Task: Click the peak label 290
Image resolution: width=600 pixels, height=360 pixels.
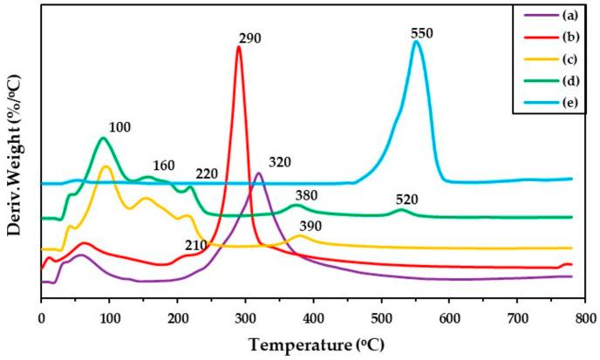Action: click(x=249, y=38)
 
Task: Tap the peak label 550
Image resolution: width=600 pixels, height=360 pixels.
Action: click(x=422, y=33)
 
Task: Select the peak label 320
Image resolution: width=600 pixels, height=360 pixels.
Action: click(x=280, y=162)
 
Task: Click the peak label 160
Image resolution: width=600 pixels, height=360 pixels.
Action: click(x=163, y=166)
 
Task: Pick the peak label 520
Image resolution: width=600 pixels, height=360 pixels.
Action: click(x=406, y=200)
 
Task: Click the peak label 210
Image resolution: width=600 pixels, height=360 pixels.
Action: click(x=195, y=244)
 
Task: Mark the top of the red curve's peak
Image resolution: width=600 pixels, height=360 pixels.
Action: click(x=239, y=46)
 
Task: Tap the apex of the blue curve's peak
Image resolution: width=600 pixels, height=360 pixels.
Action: click(x=417, y=41)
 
